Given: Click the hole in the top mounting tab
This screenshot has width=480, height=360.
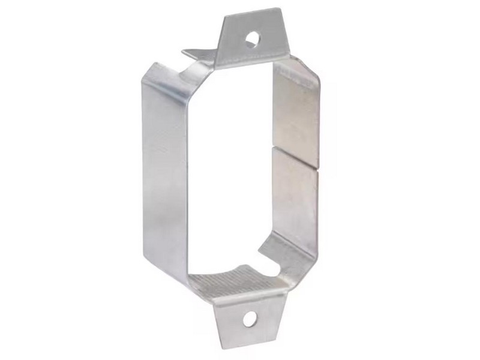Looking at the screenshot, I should pyautogui.click(x=251, y=39).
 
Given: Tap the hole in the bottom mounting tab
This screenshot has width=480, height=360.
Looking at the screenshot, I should pyautogui.click(x=249, y=319).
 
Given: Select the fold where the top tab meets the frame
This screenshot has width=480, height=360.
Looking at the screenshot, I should pyautogui.click(x=252, y=60).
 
